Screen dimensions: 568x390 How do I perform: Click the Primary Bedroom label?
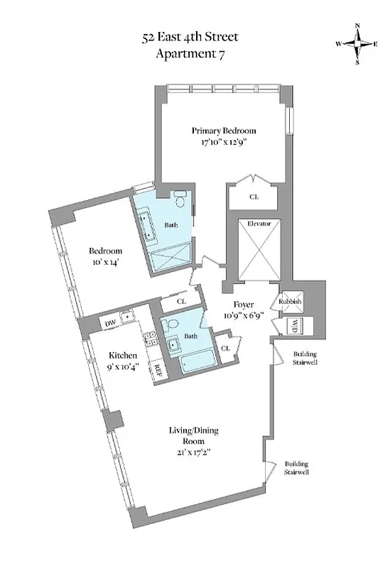coord(224,131)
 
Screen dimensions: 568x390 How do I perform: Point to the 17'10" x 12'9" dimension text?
coord(224,143)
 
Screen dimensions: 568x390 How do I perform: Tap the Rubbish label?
coord(291,302)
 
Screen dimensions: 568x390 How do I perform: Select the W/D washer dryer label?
coord(293,327)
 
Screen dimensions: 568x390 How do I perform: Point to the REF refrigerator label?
coord(158,371)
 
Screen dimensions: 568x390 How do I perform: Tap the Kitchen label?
coord(122,355)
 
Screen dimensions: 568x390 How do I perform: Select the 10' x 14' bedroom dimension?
coord(105,262)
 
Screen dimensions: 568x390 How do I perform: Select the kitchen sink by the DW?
coord(127,318)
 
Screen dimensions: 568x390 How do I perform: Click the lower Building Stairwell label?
coord(297,466)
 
